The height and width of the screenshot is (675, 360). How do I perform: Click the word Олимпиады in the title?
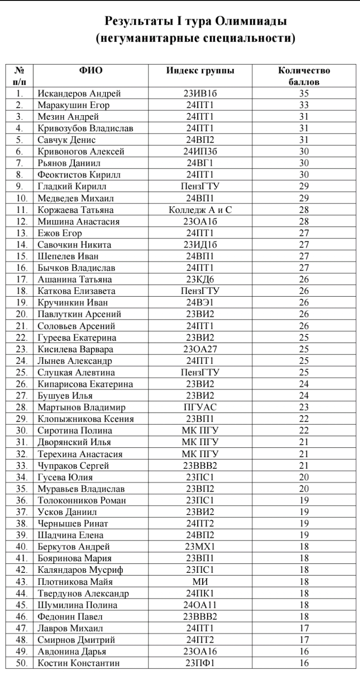click(251, 21)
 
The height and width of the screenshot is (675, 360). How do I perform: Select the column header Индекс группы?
click(200, 71)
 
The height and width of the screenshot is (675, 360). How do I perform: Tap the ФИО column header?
click(91, 71)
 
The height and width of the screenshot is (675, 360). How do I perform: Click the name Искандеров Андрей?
click(79, 94)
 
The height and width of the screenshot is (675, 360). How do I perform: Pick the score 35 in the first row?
click(304, 94)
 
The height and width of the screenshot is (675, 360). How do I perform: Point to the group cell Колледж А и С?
click(200, 210)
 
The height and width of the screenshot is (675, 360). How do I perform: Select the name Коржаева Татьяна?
click(76, 210)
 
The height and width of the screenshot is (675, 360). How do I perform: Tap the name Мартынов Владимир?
click(82, 407)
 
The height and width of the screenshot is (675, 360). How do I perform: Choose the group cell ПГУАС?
click(200, 407)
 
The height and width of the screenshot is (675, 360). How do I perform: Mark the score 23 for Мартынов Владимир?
click(304, 407)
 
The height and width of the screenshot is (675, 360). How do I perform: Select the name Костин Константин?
click(79, 663)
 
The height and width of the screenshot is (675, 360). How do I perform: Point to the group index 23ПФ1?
click(200, 663)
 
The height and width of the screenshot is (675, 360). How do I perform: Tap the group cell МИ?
click(200, 582)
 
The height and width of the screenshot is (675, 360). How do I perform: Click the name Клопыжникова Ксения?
click(86, 419)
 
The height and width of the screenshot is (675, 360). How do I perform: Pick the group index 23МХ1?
click(200, 547)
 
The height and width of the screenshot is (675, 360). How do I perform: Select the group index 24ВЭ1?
click(200, 303)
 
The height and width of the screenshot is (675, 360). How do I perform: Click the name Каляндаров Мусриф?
click(81, 570)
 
